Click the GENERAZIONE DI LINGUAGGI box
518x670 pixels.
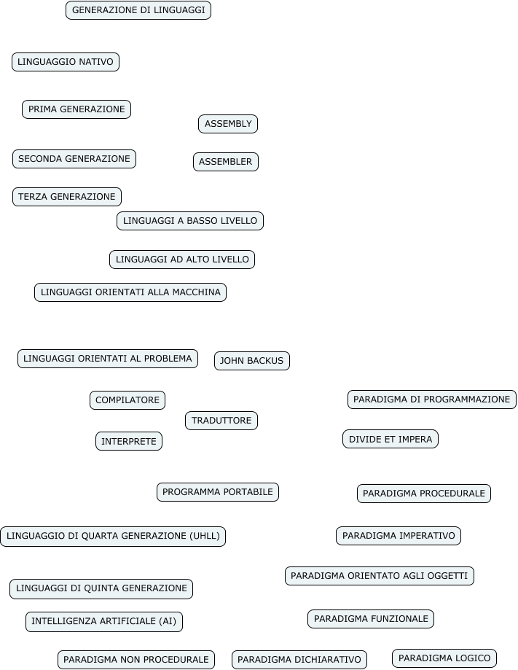(x=138, y=10)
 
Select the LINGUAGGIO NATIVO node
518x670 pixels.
(x=66, y=62)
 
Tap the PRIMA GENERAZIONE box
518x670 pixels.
(x=76, y=109)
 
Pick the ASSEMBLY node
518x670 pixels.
(x=228, y=124)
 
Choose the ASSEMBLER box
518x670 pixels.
(x=226, y=162)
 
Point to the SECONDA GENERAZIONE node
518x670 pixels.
(x=74, y=159)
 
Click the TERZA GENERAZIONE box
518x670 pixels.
(x=67, y=197)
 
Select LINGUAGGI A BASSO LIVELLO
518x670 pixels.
(x=190, y=221)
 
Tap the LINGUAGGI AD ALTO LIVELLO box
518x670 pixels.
(x=182, y=260)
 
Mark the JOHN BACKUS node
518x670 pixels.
(x=252, y=361)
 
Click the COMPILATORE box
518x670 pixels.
(x=127, y=400)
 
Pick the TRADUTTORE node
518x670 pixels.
(x=221, y=421)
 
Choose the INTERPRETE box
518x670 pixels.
(x=129, y=441)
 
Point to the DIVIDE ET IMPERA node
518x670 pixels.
(x=391, y=439)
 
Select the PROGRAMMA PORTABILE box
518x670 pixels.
(x=218, y=492)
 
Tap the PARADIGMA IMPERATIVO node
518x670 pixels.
(x=399, y=536)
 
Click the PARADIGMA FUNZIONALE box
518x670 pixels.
(x=371, y=619)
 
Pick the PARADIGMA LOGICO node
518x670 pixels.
(x=444, y=658)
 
